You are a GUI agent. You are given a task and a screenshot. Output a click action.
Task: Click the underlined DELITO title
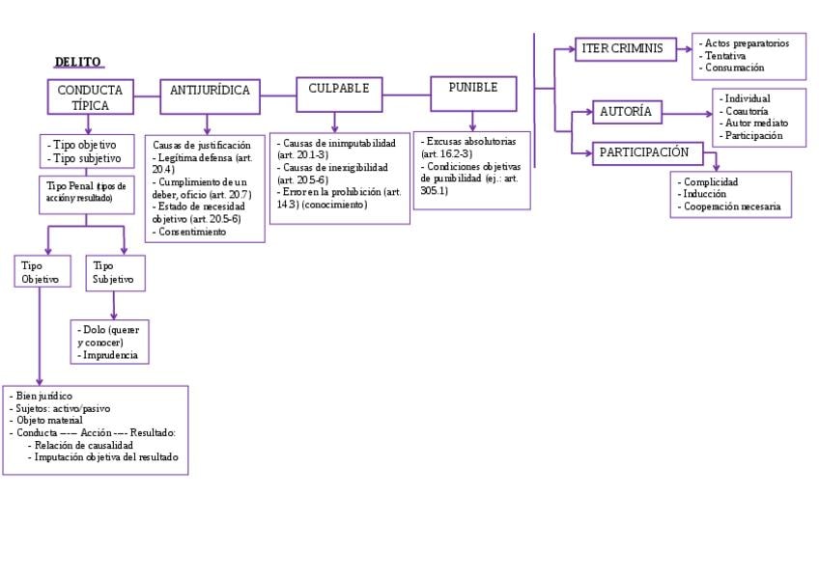click(x=77, y=63)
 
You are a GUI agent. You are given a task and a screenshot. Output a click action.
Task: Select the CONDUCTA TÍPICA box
click(x=90, y=97)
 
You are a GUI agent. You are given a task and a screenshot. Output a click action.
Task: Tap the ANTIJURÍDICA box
click(x=210, y=91)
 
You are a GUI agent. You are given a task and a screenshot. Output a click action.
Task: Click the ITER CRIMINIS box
click(x=623, y=49)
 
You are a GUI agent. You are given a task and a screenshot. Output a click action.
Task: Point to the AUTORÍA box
click(x=627, y=112)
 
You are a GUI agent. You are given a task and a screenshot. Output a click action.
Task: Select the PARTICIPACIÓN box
click(x=644, y=152)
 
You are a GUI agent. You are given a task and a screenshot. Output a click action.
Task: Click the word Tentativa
click(x=724, y=56)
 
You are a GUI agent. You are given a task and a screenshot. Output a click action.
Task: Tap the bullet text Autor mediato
click(x=755, y=124)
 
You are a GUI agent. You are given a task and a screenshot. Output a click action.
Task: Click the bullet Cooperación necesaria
click(x=731, y=206)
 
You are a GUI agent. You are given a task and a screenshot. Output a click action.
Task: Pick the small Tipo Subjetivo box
click(x=114, y=272)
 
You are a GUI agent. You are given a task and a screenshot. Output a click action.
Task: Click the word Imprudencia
click(x=112, y=355)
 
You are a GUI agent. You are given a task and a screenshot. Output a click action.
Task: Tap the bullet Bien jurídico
click(x=44, y=396)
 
